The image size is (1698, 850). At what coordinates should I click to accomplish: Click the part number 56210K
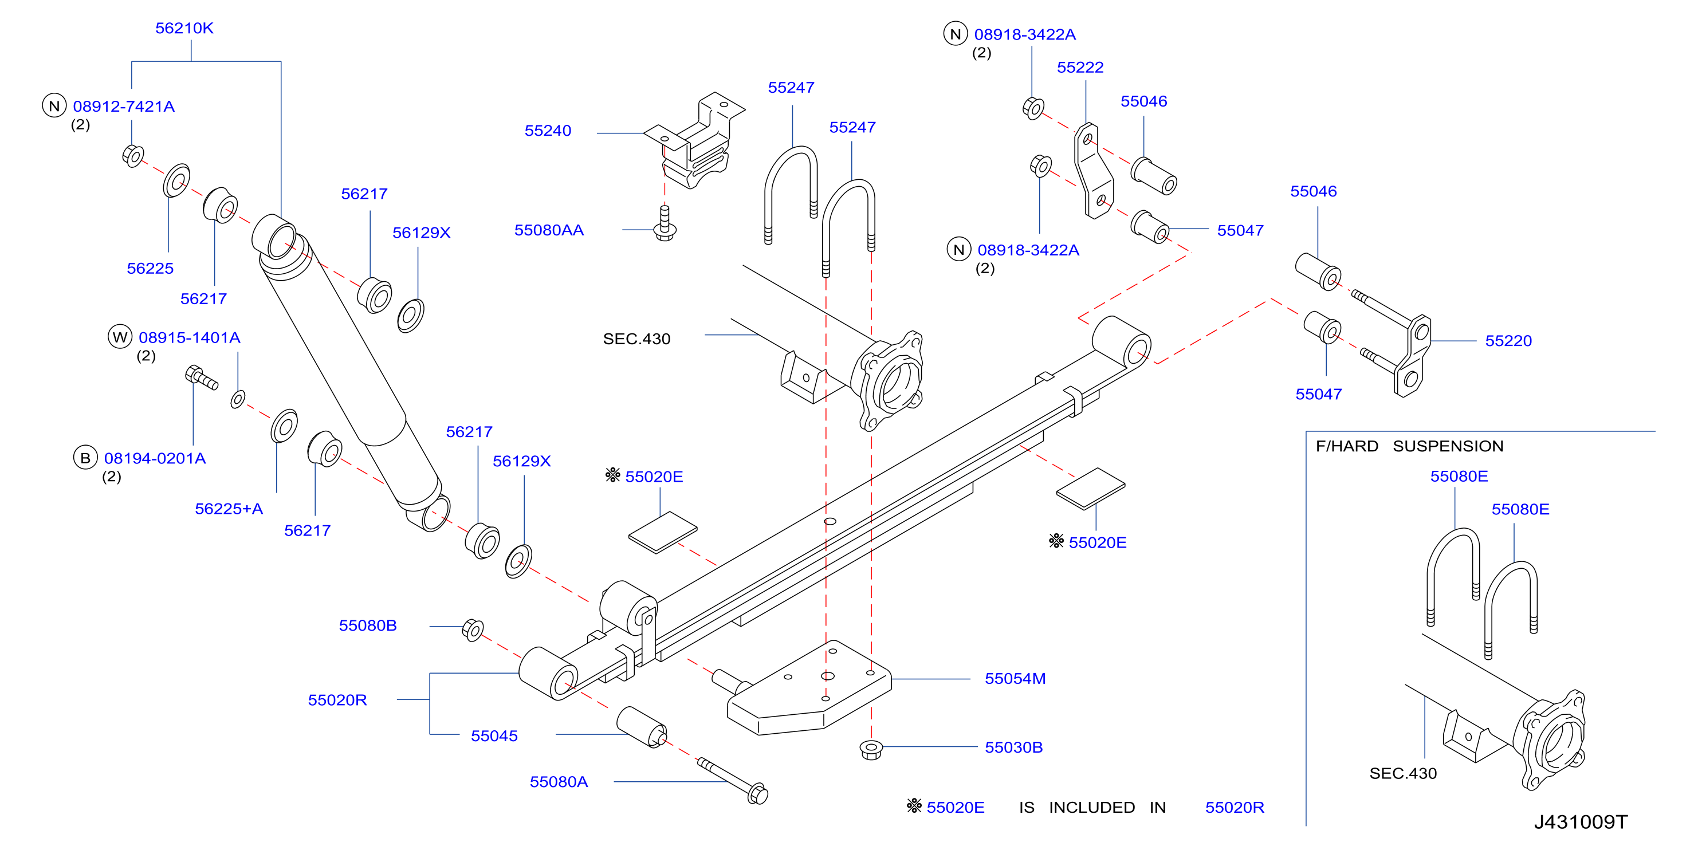(184, 28)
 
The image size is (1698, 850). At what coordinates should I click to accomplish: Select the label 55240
(548, 131)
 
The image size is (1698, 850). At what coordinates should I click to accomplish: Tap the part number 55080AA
(549, 230)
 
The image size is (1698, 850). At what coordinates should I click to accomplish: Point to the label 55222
(1080, 67)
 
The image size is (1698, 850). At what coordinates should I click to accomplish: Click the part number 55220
(1508, 341)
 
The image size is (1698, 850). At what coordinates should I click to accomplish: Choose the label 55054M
(1015, 678)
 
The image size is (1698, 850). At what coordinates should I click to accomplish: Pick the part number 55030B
(1014, 747)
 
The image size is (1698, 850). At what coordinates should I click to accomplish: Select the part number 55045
(494, 735)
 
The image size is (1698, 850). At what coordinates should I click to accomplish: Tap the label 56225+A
(229, 509)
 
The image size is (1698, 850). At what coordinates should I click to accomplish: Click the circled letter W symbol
(120, 337)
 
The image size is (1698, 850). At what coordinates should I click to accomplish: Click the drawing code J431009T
(1581, 822)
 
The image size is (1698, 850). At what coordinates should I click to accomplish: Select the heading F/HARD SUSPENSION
(1409, 446)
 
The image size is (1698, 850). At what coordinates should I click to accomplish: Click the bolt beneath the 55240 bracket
(665, 224)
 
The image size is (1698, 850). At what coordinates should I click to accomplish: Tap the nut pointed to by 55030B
(871, 749)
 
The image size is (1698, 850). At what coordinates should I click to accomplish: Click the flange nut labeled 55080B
(473, 630)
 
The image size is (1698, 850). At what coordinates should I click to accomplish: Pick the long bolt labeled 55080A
(733, 781)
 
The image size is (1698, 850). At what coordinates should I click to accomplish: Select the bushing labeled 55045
(642, 727)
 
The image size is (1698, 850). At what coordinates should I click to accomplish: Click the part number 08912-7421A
(123, 106)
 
